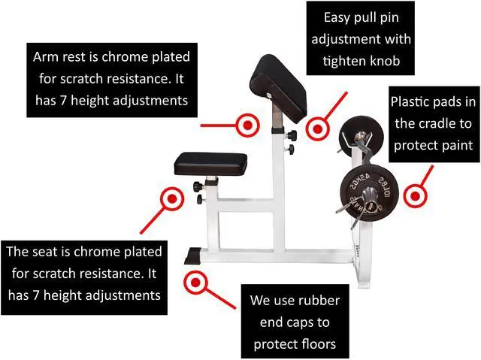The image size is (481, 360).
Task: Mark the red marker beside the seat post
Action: point(172,199)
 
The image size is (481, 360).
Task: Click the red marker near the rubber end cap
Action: point(197,283)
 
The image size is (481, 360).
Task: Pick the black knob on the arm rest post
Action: point(292,135)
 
